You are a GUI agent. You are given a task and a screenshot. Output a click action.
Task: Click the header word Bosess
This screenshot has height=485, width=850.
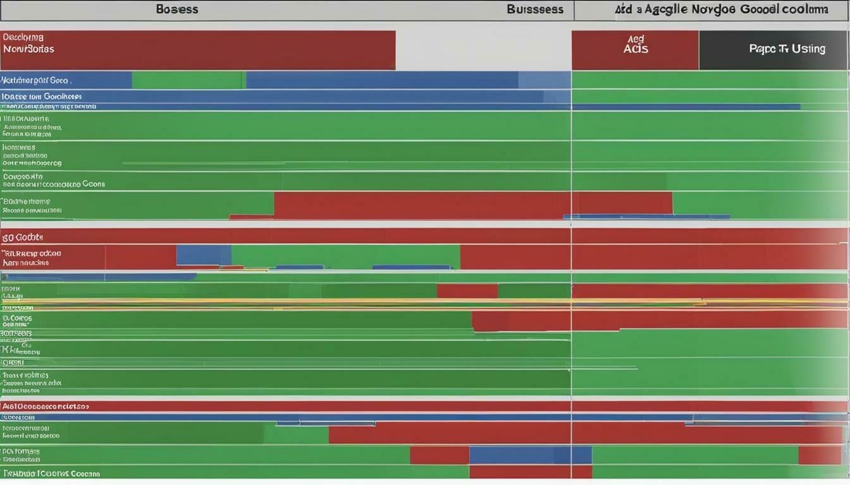tap(176, 9)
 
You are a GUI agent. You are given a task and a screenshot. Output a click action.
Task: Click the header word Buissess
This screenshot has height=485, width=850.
tap(534, 9)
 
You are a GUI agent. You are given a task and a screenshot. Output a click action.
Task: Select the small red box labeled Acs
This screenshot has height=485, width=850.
tap(635, 49)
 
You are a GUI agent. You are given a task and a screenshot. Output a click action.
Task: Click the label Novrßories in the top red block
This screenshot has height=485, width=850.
tap(28, 49)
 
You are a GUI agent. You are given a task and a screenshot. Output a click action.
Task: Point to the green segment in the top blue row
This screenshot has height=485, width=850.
tap(188, 80)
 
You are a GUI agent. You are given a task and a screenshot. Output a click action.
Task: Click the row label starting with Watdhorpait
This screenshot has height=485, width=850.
tap(35, 80)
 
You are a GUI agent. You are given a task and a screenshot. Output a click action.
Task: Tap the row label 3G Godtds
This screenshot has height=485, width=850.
tap(23, 237)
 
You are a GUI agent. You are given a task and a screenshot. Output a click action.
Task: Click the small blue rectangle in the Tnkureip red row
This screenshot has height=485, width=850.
tap(204, 254)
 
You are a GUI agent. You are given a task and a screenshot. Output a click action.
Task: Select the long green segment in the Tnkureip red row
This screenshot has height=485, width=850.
tap(345, 256)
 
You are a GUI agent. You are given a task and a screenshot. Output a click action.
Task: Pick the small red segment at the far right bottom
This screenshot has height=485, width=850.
tap(819, 455)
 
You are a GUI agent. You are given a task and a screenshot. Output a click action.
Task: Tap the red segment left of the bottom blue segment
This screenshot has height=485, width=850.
tap(439, 455)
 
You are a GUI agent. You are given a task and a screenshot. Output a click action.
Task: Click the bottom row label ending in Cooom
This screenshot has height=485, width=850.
tap(51, 473)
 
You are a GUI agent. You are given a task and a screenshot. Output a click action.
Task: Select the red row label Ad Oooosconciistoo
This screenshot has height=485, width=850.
tap(45, 407)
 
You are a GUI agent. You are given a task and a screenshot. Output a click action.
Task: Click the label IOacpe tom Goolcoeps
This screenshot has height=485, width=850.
tap(42, 97)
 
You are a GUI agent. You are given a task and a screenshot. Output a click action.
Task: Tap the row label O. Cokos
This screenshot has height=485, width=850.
tap(17, 318)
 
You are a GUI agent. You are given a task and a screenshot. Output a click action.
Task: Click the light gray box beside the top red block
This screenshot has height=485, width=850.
tap(483, 49)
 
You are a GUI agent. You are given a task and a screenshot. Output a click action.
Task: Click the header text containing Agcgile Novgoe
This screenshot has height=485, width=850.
tap(720, 9)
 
